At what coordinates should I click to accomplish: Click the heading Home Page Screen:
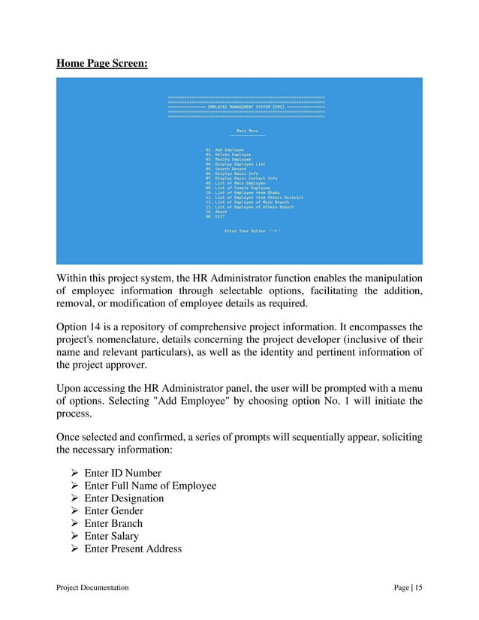102,64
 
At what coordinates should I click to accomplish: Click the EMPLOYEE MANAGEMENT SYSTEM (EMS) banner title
246,107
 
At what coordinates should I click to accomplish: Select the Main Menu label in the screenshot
247,131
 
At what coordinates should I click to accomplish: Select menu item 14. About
216,212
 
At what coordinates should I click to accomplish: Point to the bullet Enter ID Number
122,473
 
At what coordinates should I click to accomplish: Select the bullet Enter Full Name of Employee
150,486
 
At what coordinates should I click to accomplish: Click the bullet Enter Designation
125,498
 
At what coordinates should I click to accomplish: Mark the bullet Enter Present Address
133,549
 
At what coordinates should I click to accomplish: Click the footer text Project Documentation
92,588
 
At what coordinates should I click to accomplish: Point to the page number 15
418,588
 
